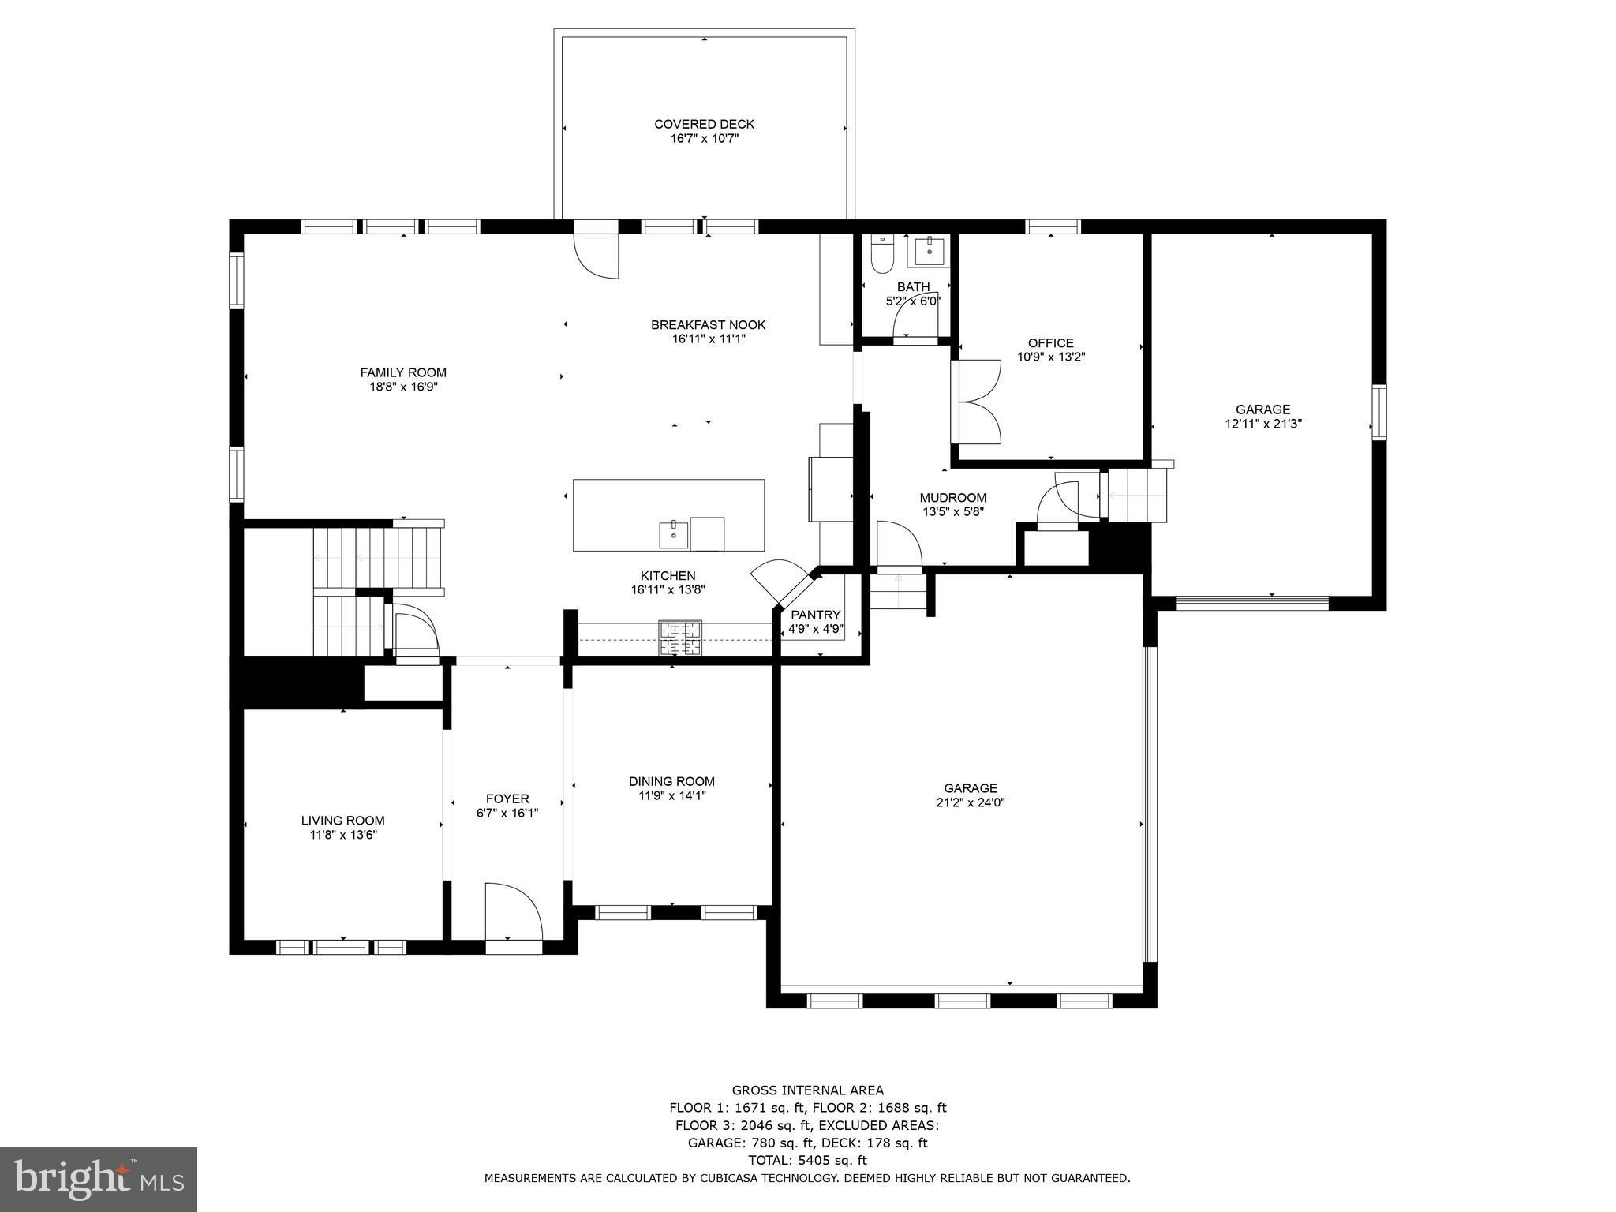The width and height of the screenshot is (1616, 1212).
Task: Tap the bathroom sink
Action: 932,251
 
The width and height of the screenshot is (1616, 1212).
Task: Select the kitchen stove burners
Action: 681,638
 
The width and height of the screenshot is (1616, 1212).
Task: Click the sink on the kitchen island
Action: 674,534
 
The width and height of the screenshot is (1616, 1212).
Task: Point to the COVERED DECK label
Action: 704,124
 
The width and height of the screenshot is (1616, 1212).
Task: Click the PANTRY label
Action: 816,615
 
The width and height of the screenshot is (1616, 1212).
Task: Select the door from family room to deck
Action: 597,251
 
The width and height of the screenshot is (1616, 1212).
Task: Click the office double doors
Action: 977,401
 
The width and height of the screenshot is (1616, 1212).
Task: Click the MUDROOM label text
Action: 952,498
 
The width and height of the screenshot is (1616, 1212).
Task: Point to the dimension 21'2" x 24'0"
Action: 970,802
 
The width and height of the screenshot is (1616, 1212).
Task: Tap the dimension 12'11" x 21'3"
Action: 1262,424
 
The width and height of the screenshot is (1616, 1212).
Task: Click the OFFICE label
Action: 1050,343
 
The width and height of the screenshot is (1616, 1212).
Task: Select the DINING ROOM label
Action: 671,781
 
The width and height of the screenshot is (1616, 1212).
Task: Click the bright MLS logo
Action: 98,1179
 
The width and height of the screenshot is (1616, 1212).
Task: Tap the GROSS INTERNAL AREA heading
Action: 807,1090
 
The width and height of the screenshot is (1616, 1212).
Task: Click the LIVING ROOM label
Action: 342,821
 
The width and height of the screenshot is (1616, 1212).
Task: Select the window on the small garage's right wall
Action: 1378,411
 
